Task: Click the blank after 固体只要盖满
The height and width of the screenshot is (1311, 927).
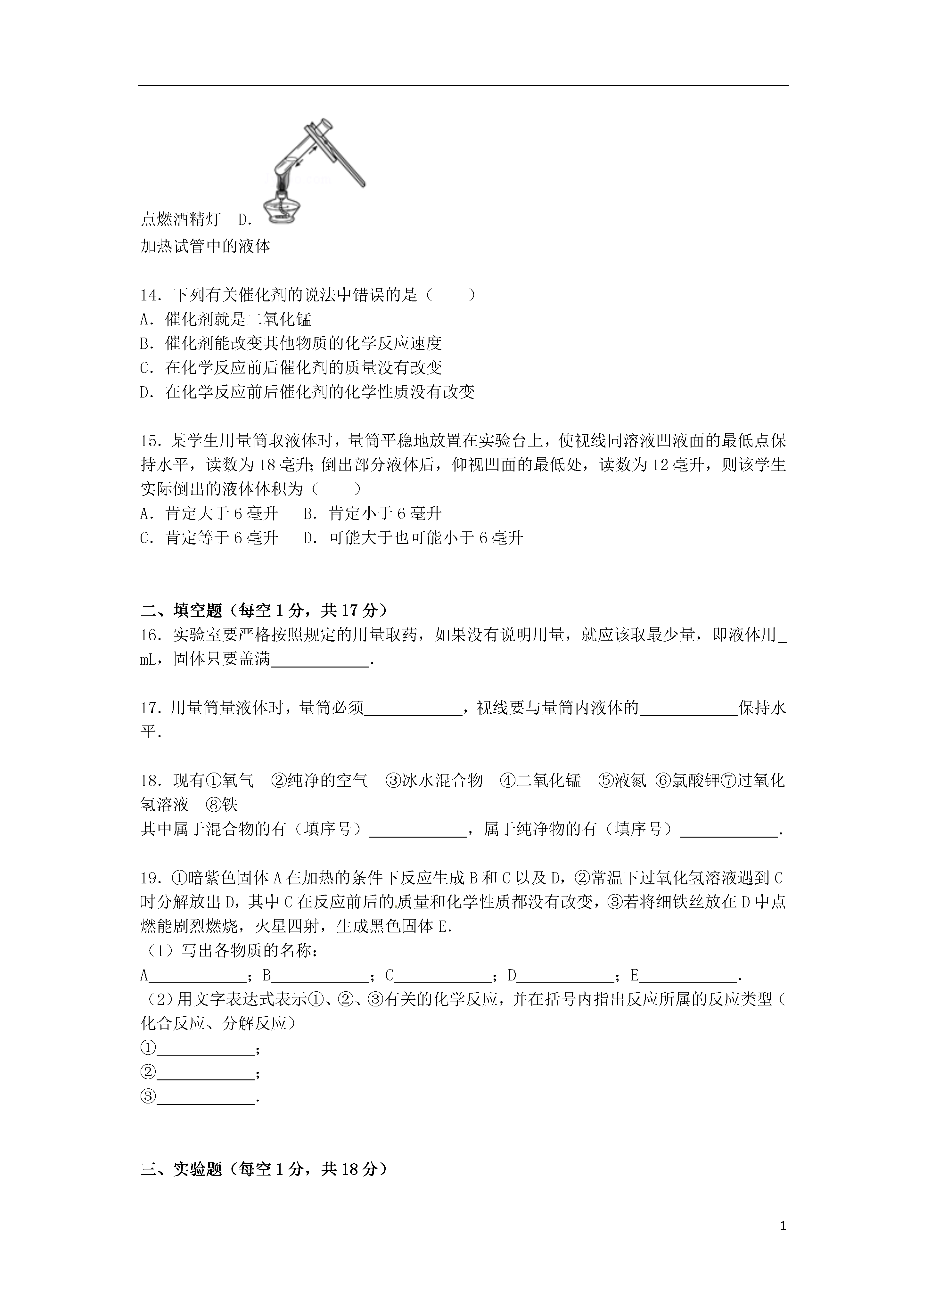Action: [x=320, y=661]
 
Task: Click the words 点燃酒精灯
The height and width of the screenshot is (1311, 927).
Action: [x=180, y=219]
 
